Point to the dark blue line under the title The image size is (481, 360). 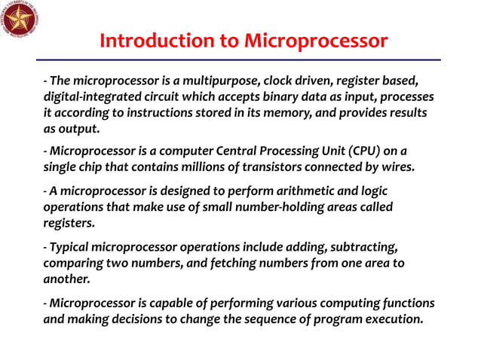[240, 60]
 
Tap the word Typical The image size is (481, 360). [71, 247]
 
